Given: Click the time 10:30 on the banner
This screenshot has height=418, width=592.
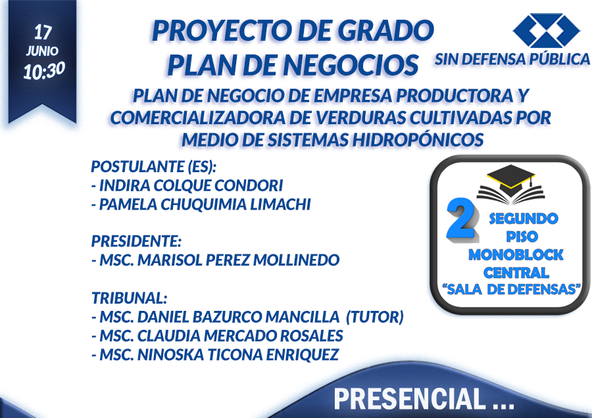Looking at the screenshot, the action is (44, 71).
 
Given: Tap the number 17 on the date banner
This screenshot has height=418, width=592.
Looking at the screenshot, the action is (43, 32).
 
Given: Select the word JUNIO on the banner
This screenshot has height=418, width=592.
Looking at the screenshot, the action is (42, 51).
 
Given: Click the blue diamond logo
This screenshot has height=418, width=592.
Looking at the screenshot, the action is (546, 30).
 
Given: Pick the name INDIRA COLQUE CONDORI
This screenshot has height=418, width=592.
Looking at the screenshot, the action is (191, 185).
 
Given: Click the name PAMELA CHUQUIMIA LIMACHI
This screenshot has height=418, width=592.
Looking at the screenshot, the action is (205, 204).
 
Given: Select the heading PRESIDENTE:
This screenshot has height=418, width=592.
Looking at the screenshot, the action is (136, 241).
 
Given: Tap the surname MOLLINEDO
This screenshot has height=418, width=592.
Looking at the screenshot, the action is (297, 260).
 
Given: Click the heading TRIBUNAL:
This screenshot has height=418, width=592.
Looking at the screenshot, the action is (129, 298).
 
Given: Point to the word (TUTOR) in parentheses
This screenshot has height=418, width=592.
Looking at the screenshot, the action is (375, 317).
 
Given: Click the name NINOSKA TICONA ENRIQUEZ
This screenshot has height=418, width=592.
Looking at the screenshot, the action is (238, 355).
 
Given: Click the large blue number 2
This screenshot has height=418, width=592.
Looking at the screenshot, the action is (461, 219).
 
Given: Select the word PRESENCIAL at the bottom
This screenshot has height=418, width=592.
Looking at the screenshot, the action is (410, 399).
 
